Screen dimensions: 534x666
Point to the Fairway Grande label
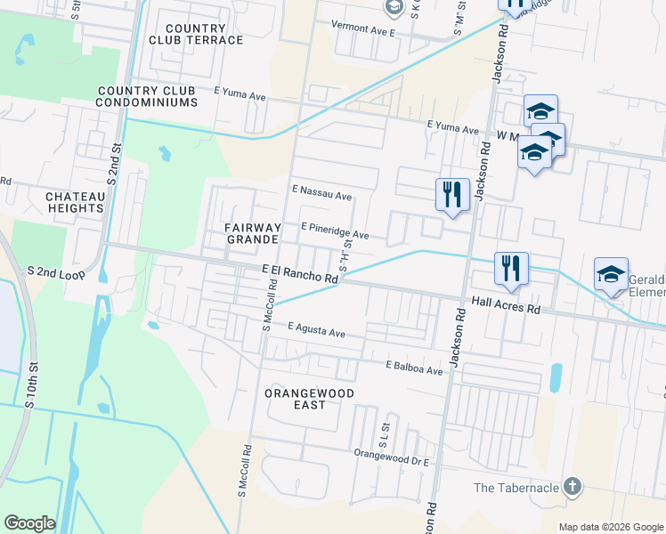tap(254, 233)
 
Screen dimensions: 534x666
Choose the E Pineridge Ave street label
tap(335, 231)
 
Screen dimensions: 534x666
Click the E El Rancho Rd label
tap(300, 272)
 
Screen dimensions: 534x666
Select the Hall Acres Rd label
tap(506, 305)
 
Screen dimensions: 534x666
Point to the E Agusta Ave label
tap(316, 330)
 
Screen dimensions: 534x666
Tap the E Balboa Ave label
tap(413, 368)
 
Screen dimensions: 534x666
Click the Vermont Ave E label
tap(362, 28)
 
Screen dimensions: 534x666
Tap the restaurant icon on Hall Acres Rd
tap(511, 267)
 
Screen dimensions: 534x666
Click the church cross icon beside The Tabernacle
tap(573, 487)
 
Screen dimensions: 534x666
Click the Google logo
tap(29, 523)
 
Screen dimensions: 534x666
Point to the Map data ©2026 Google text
tap(610, 527)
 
